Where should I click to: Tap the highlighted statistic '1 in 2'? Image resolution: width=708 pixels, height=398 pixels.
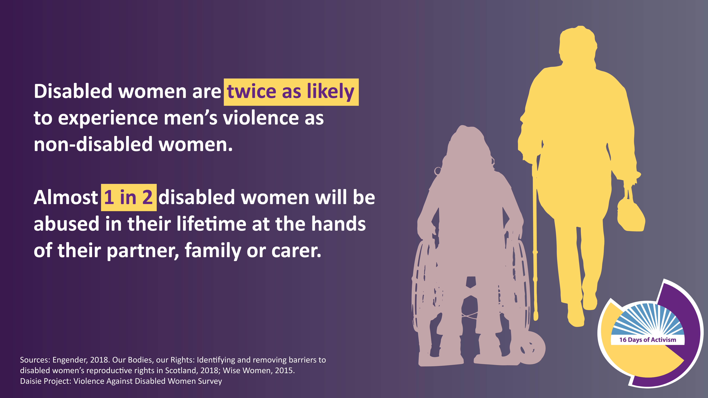pyautogui.click(x=129, y=197)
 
